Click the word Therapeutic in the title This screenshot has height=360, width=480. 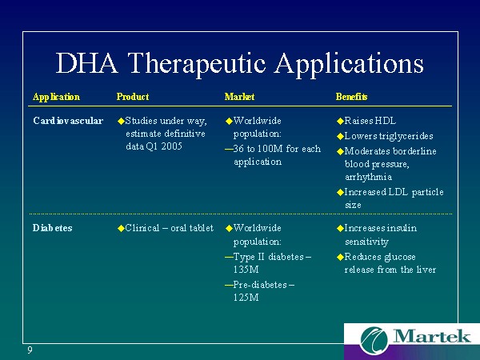(x=196, y=65)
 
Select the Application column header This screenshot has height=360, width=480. (x=56, y=97)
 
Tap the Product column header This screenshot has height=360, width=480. (x=133, y=97)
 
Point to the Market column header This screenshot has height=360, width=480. (x=239, y=97)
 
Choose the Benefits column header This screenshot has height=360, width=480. (x=351, y=97)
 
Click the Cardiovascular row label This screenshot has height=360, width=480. (x=68, y=121)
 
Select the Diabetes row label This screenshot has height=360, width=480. (x=52, y=228)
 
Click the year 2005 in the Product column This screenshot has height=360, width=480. (x=172, y=146)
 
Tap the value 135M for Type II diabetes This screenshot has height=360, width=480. (x=246, y=270)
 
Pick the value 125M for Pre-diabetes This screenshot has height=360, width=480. (x=246, y=298)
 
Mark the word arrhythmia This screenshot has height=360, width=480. (x=368, y=177)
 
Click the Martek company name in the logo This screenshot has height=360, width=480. (x=432, y=336)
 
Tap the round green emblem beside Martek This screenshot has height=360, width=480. (x=374, y=341)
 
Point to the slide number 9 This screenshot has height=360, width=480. (x=30, y=350)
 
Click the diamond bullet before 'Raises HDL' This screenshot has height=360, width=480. (x=340, y=122)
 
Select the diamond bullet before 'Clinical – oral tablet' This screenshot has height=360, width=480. (x=121, y=228)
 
